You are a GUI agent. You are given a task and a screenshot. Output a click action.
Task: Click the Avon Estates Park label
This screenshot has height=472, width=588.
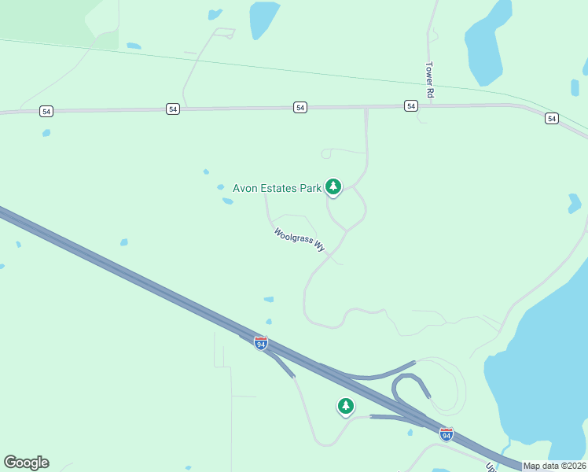coord(277,188)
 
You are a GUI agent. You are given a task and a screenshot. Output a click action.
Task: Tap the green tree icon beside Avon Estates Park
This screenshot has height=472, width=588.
coord(334,186)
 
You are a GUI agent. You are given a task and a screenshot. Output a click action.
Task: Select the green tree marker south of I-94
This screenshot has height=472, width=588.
coord(345,406)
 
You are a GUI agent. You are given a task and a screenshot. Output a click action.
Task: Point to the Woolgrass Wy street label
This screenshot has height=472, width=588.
coord(300,239)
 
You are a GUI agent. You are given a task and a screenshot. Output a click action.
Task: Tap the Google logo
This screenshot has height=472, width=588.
coord(26,463)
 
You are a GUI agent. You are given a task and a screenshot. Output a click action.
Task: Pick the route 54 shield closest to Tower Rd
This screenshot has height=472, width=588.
coord(410,105)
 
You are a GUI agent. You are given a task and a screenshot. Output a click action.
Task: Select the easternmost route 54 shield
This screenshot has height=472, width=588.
coord(551,118)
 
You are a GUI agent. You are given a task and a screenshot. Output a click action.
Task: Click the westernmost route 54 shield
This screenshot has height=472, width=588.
coord(47,112)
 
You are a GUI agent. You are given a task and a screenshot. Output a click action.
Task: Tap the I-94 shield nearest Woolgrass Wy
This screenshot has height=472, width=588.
coord(261,343)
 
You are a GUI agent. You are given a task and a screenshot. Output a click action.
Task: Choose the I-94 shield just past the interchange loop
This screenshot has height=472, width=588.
coord(447,434)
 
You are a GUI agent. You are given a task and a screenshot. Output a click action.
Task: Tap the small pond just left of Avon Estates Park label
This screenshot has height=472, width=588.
coord(221,187)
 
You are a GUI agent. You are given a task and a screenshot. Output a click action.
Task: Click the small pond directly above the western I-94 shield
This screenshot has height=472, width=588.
coord(268,321)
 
